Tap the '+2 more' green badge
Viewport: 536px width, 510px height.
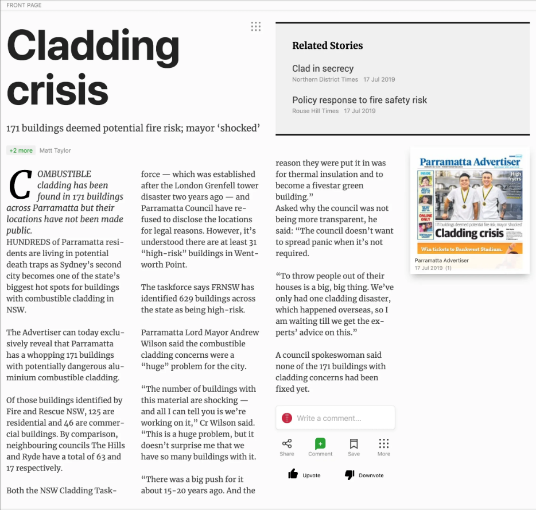coord(21,150)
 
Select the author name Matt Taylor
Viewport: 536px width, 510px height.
coord(55,150)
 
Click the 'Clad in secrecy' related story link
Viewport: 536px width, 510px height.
coord(323,68)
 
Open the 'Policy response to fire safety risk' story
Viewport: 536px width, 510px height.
coord(359,100)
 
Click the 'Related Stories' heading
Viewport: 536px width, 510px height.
coord(327,45)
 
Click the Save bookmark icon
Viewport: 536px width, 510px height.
coord(354,443)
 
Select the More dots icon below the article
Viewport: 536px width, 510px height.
coord(384,443)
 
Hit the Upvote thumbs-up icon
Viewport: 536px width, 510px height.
coord(293,474)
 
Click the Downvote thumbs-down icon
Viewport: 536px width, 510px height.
coord(349,474)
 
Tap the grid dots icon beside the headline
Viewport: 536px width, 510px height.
coord(256,26)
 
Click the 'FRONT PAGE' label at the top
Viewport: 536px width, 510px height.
coord(24,5)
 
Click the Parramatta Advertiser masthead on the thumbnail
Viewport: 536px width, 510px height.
coord(469,162)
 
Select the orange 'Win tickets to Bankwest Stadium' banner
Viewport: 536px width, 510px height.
coord(470,249)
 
